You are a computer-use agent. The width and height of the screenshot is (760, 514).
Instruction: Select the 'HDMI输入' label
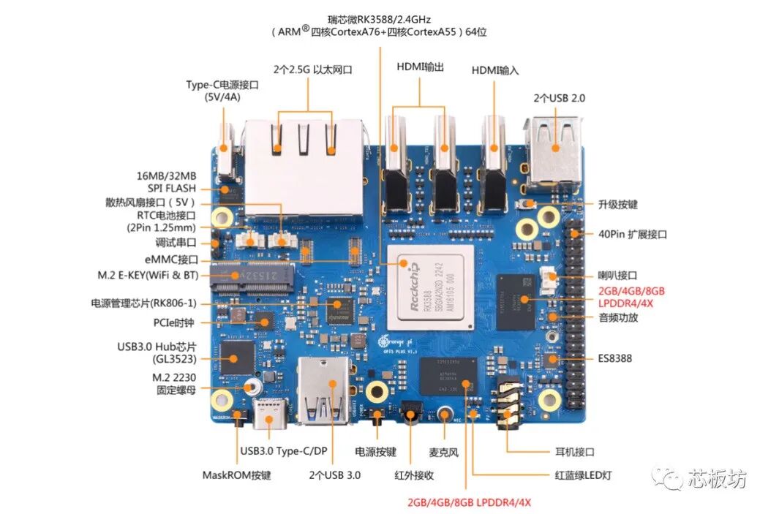tap(494, 70)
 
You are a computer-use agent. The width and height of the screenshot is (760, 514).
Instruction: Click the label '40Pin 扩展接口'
tap(631, 235)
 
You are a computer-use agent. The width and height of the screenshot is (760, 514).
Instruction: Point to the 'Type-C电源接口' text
tap(222, 85)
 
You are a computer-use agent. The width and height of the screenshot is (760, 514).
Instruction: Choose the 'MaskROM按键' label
tap(236, 475)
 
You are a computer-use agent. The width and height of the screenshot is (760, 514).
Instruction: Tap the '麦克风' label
tap(443, 453)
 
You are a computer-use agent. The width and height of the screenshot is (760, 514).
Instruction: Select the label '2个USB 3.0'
tap(334, 475)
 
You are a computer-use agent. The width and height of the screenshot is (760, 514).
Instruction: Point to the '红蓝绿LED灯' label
tap(583, 475)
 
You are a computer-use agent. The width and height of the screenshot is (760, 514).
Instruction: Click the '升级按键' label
tap(616, 204)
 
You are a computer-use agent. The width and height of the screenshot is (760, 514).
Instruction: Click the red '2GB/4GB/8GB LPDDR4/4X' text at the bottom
tap(469, 502)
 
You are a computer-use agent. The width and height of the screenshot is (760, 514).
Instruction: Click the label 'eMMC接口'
tap(171, 260)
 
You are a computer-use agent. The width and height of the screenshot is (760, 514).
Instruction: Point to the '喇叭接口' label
tap(617, 275)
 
